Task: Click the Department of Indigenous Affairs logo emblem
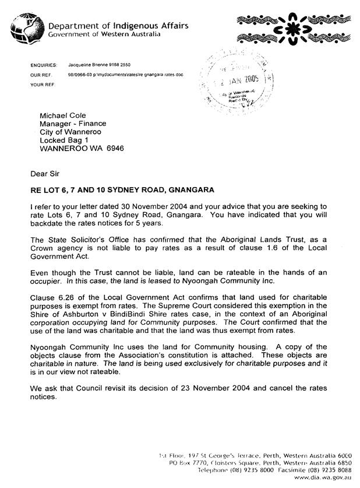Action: click(27, 26)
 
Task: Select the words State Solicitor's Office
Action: click(91, 239)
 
